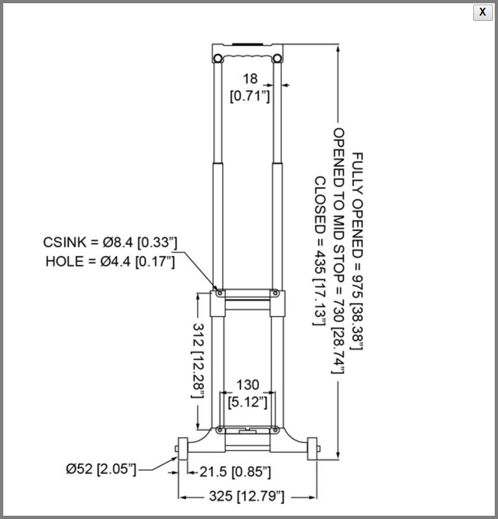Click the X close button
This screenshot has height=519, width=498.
point(482,12)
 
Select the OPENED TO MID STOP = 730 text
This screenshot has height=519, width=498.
point(338,250)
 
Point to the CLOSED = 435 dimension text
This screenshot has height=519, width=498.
point(320,251)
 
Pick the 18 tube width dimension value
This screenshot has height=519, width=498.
point(250,79)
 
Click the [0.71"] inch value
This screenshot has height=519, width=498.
point(250,96)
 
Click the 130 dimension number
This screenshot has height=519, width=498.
point(248,385)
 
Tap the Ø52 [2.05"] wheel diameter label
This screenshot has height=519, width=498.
point(101,468)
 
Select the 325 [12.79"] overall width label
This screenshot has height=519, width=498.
point(247,497)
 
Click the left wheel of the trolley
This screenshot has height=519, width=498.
point(182,448)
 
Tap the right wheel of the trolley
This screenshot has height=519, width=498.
point(313,448)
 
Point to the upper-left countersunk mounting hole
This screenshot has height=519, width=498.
point(220,293)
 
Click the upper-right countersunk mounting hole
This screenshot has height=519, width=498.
point(275,293)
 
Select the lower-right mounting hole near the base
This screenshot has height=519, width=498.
point(275,429)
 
